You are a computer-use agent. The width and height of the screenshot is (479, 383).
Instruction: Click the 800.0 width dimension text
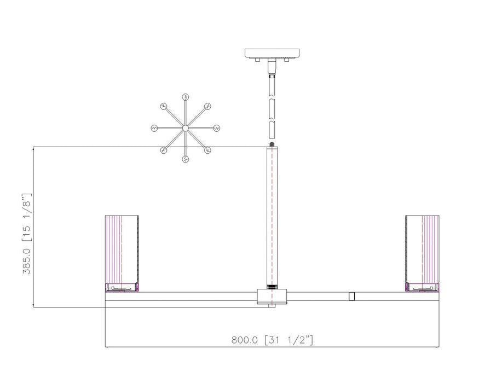click(x=244, y=340)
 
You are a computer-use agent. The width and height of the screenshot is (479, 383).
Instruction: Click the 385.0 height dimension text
click(x=27, y=261)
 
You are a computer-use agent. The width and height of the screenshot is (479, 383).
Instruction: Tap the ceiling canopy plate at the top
click(x=272, y=53)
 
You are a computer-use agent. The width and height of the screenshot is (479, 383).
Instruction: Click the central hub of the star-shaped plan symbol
click(x=186, y=128)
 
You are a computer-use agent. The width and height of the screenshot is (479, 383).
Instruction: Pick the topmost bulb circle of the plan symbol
click(x=186, y=97)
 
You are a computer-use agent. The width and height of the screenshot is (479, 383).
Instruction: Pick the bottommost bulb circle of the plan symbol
click(x=186, y=159)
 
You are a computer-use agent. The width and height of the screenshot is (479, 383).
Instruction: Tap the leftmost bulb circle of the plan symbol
click(x=154, y=128)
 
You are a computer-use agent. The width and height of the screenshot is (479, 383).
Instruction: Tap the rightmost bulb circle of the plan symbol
click(x=217, y=128)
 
